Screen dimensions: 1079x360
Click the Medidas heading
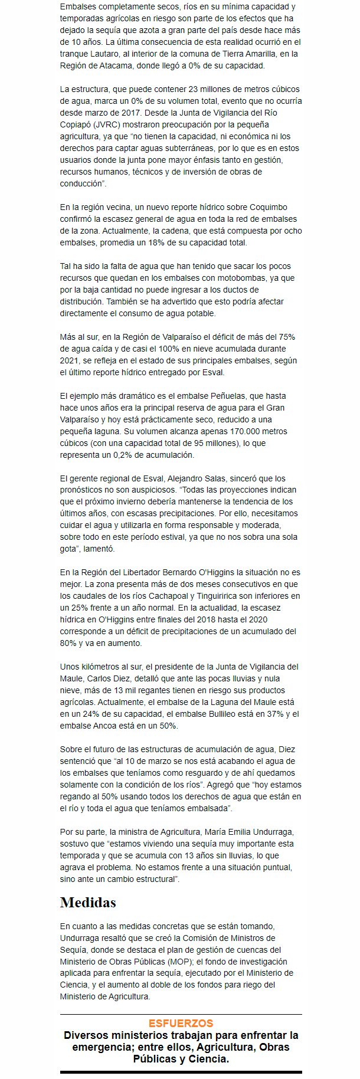(88, 902)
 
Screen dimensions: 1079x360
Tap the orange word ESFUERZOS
(181, 1023)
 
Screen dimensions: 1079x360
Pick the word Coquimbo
(269, 207)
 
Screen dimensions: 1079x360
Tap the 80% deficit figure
(68, 643)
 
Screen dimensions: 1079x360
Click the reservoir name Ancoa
(109, 726)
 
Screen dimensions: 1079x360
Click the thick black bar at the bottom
(181, 1071)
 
